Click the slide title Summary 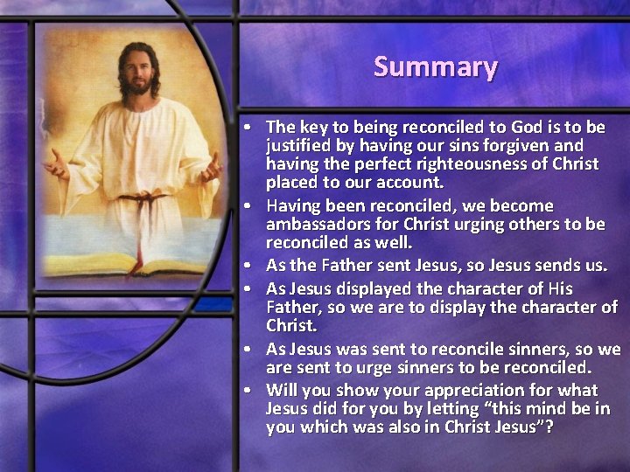[x=436, y=66]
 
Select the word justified [x=300, y=145]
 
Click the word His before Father [x=556, y=288]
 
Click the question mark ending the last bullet [x=549, y=427]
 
